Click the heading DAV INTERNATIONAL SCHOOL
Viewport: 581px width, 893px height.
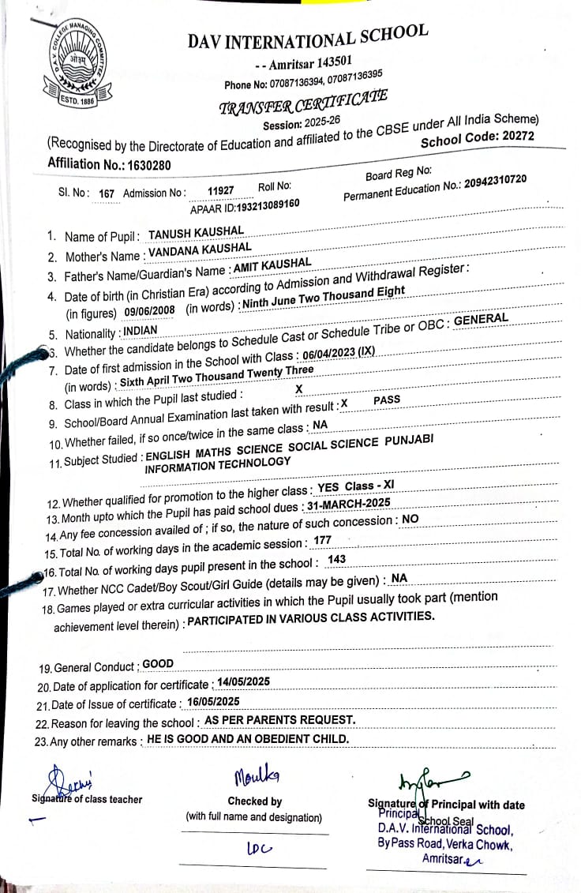(x=308, y=37)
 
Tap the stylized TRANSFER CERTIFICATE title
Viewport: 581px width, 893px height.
(x=303, y=103)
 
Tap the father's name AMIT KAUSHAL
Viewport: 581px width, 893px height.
(x=272, y=266)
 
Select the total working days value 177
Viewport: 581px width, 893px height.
(x=322, y=540)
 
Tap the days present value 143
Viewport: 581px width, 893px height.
(x=336, y=559)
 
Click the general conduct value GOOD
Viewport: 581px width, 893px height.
(x=158, y=663)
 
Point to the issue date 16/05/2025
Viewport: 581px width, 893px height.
(x=213, y=701)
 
